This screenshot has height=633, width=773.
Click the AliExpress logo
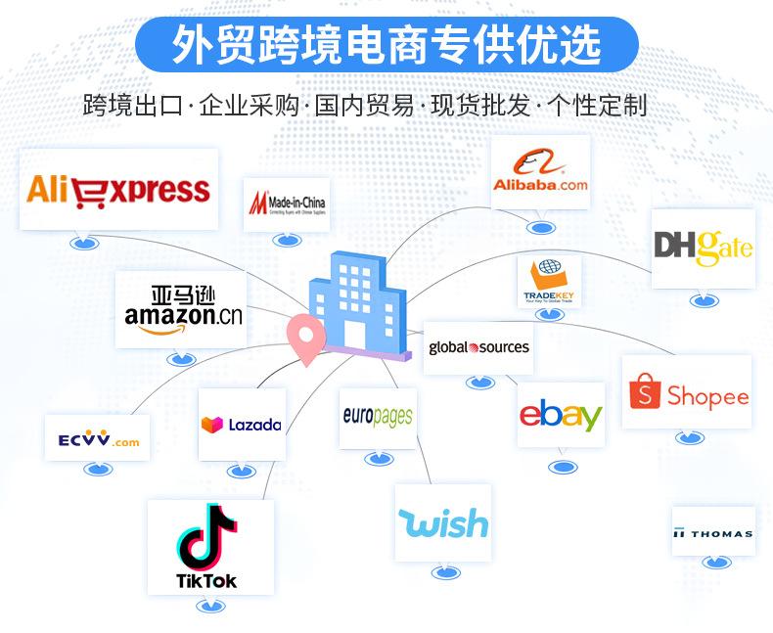[x=118, y=189]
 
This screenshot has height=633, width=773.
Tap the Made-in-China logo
[x=287, y=203]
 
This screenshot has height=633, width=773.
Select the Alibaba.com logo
[x=540, y=171]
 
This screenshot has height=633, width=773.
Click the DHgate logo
[x=703, y=248]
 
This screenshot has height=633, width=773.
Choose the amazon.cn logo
[x=180, y=308]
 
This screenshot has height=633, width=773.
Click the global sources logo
[x=478, y=347]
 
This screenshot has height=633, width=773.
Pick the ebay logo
[x=560, y=415]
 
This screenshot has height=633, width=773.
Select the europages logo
[x=378, y=417]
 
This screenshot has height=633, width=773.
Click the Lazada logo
[x=241, y=425]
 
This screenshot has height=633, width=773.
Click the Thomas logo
[x=712, y=532]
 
